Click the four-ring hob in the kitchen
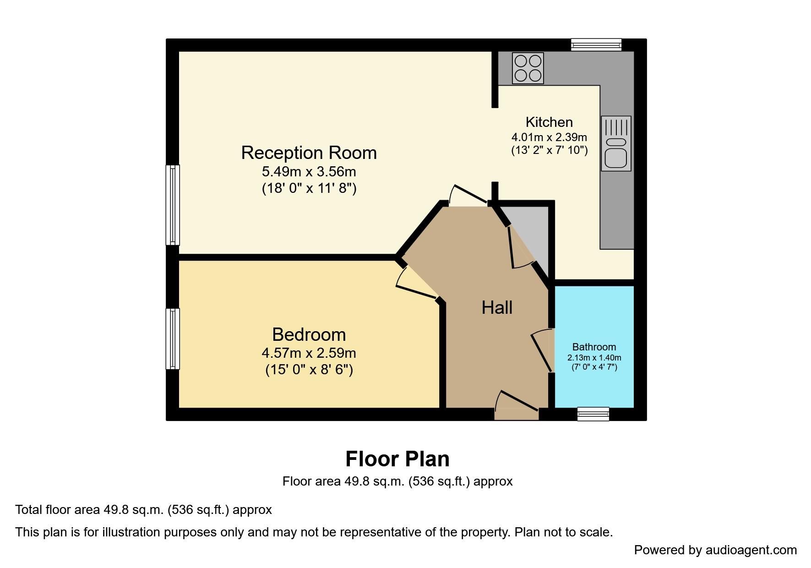pyautogui.click(x=528, y=68)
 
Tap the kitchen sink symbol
pyautogui.click(x=615, y=143)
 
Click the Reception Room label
pyautogui.click(x=309, y=153)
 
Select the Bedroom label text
pyautogui.click(x=309, y=335)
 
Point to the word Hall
pyautogui.click(x=497, y=308)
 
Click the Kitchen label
pyautogui.click(x=549, y=122)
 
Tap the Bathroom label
pyautogui.click(x=594, y=347)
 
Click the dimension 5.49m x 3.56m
pyautogui.click(x=309, y=172)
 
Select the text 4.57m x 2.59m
pyautogui.click(x=309, y=353)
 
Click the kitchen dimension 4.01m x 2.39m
pyautogui.click(x=549, y=137)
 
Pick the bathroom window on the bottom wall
pyautogui.click(x=593, y=414)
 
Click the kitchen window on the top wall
pyautogui.click(x=596, y=44)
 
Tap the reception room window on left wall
pyautogui.click(x=173, y=205)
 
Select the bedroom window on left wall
pyautogui.click(x=173, y=339)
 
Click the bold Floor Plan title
pyautogui.click(x=397, y=459)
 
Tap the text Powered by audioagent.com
pyautogui.click(x=715, y=550)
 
